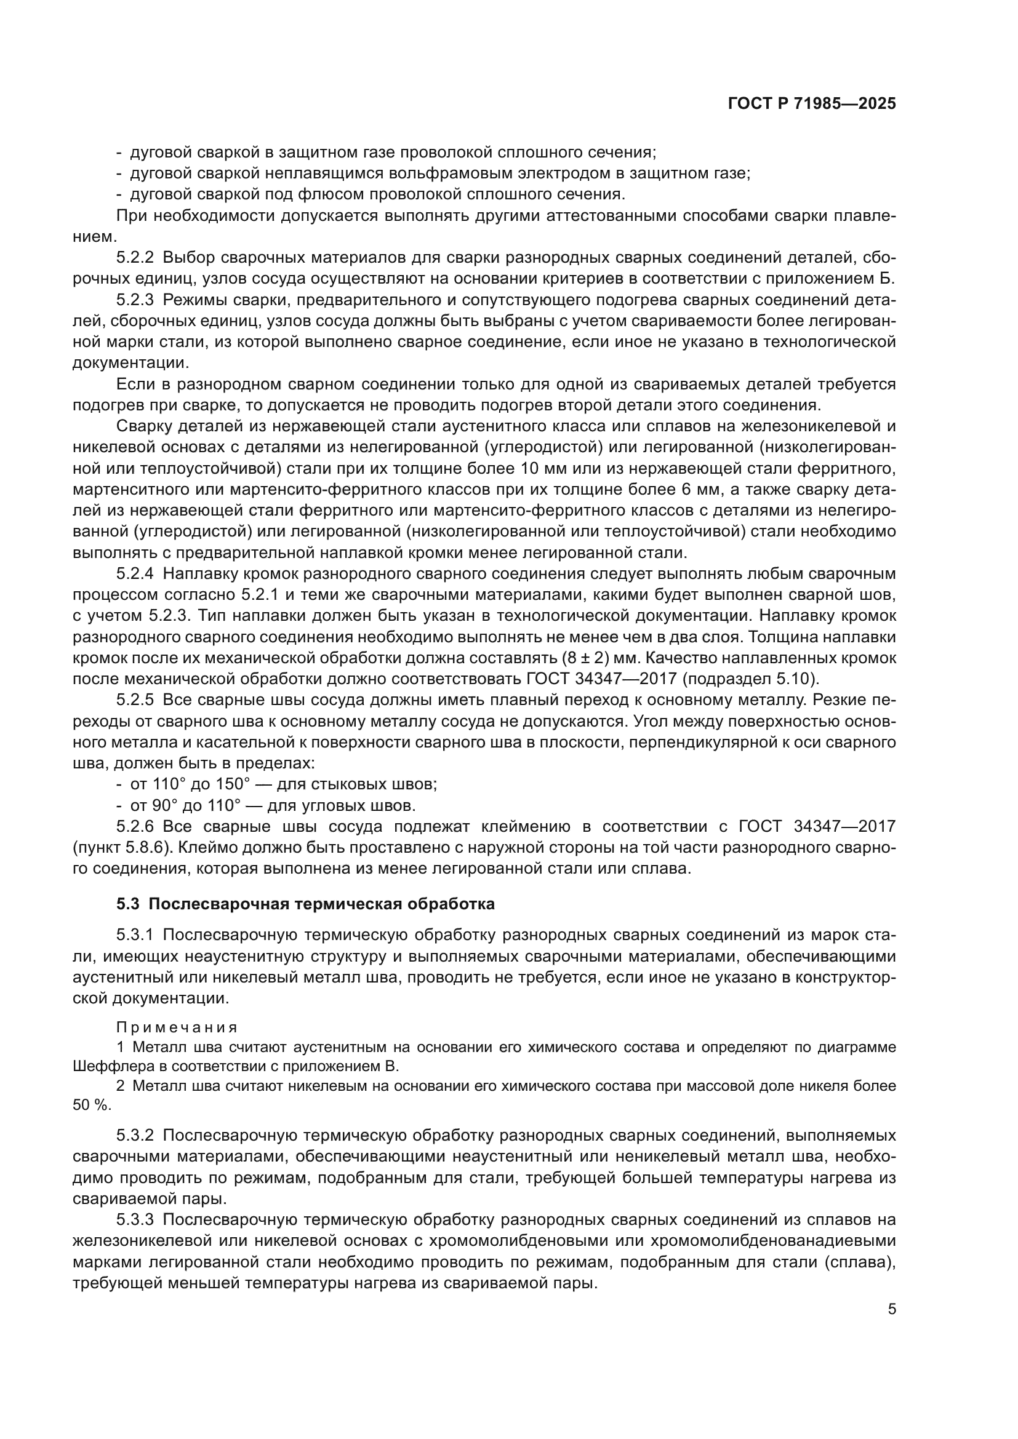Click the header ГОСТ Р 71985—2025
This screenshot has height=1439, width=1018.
click(812, 104)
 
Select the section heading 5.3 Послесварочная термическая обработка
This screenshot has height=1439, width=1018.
click(305, 904)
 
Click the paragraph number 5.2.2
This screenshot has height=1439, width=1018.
click(135, 258)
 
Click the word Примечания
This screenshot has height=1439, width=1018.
click(177, 1027)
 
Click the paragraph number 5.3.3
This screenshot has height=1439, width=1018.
click(135, 1219)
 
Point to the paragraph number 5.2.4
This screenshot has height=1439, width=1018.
click(135, 573)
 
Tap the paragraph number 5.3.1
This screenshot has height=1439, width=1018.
click(135, 935)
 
